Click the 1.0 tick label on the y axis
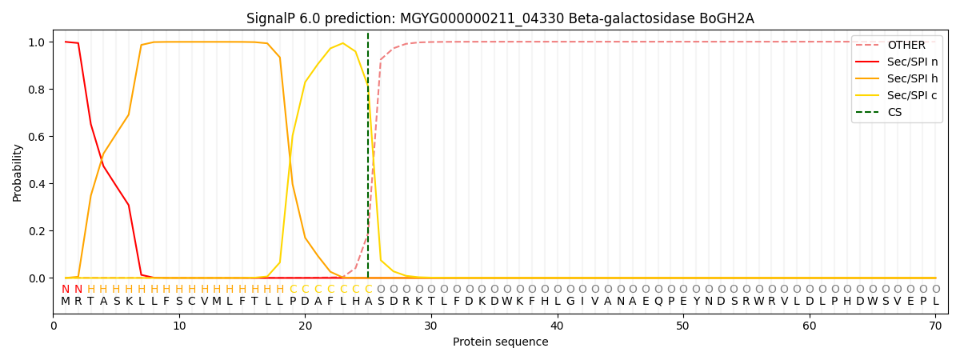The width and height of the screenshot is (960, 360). coord(37,42)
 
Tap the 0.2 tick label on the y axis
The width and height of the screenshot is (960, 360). coord(37,231)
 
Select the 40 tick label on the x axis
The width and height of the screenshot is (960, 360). coord(557,326)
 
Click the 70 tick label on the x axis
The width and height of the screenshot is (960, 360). coord(935,326)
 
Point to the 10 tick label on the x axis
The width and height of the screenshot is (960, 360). coord(179,326)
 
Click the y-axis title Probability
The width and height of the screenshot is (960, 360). coord(17,173)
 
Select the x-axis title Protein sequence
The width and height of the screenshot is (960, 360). coord(501,342)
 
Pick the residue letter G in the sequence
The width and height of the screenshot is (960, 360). coord(570,302)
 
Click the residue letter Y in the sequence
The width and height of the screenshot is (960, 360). coord(697,302)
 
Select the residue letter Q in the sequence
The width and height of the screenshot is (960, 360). coord(658,302)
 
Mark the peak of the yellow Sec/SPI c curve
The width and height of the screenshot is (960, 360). coord(342,43)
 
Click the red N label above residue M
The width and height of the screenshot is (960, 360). coord(65,290)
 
